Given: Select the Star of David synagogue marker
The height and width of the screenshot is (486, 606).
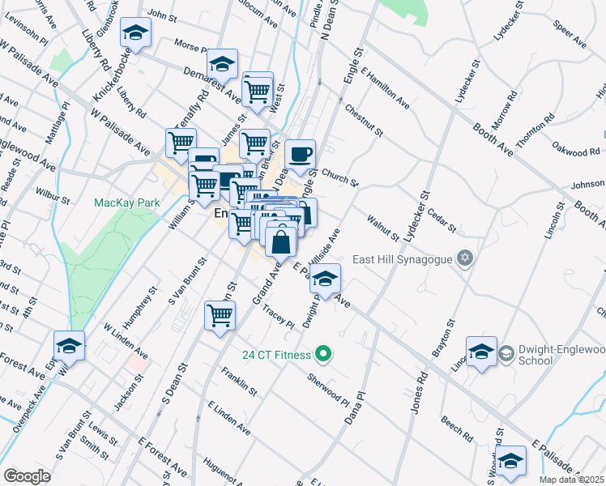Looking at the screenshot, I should pyautogui.click(x=464, y=258).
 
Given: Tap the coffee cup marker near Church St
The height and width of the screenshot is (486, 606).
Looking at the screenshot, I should pyautogui.click(x=301, y=154).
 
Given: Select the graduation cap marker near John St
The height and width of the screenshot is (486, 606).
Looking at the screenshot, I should pyautogui.click(x=136, y=33).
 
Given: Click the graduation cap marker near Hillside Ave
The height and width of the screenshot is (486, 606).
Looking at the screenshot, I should pyautogui.click(x=325, y=279).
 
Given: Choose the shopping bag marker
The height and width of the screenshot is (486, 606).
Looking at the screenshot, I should pyautogui.click(x=280, y=241).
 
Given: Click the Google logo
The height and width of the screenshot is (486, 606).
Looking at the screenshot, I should pyautogui.click(x=28, y=476).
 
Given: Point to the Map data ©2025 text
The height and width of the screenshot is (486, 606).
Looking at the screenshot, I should pyautogui.click(x=572, y=480).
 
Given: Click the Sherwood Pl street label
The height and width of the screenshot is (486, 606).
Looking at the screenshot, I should pyautogui.click(x=328, y=390).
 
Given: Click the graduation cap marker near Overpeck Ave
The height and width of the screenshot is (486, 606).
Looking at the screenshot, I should pyautogui.click(x=70, y=345).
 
